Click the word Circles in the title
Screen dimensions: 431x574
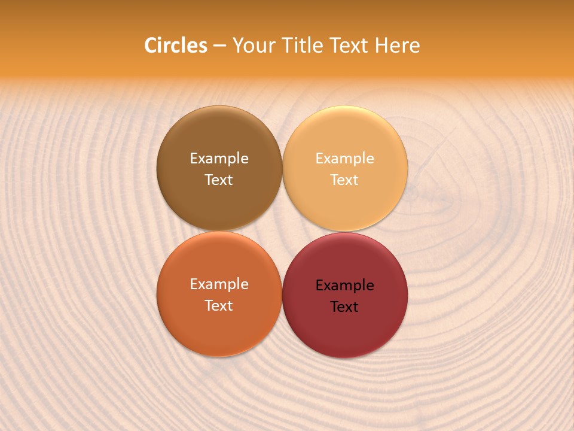pos(176,45)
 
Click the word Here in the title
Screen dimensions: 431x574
pos(397,45)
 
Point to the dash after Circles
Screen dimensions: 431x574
pos(219,46)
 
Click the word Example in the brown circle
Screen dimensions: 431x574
pos(219,158)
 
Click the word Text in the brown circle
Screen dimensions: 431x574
pos(219,180)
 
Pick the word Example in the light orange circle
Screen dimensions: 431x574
pos(344,158)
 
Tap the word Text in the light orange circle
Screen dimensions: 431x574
pos(344,180)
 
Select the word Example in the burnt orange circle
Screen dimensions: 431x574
pos(219,284)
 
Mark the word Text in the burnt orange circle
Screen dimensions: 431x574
pos(219,305)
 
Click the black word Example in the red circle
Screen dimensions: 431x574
pos(344,285)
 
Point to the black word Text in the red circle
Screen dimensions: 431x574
pos(344,306)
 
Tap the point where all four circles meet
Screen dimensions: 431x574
pos(282,232)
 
